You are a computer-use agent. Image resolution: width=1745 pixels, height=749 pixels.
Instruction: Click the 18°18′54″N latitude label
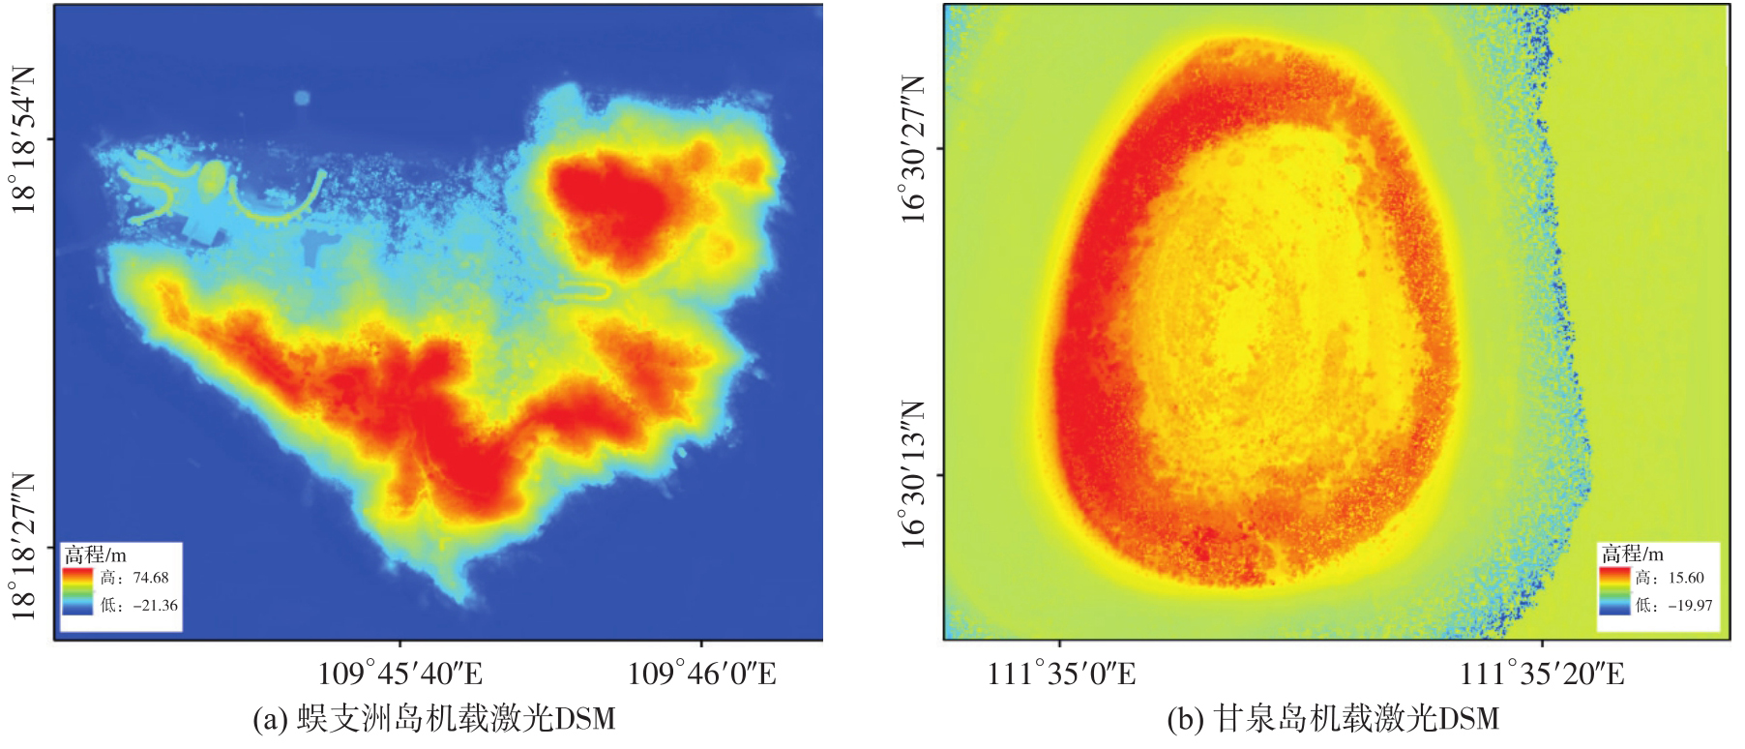coord(23,139)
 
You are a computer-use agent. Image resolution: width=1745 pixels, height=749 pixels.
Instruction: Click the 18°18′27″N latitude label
coord(23,546)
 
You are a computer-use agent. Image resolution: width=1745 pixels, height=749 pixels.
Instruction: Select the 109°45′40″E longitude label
coord(400,674)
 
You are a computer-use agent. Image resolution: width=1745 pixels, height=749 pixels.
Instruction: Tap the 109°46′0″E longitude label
coord(702,674)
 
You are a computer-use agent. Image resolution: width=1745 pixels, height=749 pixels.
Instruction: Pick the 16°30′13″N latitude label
coord(913,474)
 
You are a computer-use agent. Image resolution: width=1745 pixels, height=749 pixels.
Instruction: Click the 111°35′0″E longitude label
coord(1061,674)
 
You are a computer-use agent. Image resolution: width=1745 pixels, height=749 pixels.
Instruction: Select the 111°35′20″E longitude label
coord(1542,674)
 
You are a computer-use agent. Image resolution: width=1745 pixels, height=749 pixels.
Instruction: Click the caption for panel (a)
coord(434,719)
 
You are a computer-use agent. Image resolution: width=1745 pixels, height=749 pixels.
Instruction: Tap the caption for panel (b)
coord(1333,719)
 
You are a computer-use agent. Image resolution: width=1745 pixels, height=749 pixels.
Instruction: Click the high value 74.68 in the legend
coord(151,578)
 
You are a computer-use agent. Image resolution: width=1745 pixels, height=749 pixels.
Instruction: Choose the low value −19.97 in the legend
coord(1689,605)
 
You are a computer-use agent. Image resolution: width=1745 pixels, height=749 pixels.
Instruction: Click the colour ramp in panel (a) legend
coord(78,590)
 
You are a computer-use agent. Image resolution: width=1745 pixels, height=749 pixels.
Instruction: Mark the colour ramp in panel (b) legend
coord(1614,590)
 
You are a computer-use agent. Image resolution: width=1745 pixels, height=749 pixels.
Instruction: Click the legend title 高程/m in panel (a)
coord(96,554)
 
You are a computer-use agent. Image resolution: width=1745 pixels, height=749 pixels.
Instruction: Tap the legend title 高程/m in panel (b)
coord(1632,554)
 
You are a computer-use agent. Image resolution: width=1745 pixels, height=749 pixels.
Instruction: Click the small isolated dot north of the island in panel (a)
coord(302,98)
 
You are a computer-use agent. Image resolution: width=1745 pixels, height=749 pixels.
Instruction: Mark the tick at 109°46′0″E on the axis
coord(701,645)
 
